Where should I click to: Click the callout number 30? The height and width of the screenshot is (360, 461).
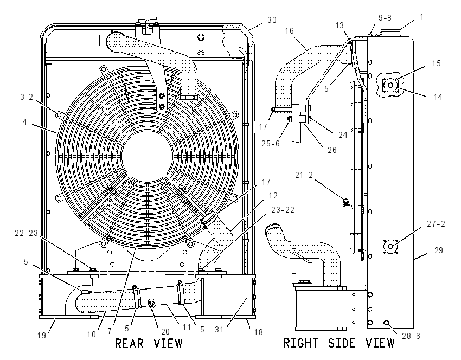pyautogui.click(x=272, y=20)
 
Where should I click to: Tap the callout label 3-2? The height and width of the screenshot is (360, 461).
pyautogui.click(x=27, y=97)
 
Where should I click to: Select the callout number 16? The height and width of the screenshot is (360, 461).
pyautogui.click(x=289, y=31)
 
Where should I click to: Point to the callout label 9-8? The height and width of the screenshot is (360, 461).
pyautogui.click(x=385, y=18)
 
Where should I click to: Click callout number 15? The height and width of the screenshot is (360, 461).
pyautogui.click(x=436, y=63)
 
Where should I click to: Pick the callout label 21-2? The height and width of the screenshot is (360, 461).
pyautogui.click(x=304, y=176)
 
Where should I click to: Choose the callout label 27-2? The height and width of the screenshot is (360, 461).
pyautogui.click(x=436, y=224)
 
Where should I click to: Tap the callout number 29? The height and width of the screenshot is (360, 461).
pyautogui.click(x=439, y=250)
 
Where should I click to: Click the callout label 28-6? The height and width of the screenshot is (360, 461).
pyautogui.click(x=411, y=336)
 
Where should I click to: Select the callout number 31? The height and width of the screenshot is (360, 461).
pyautogui.click(x=219, y=330)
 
